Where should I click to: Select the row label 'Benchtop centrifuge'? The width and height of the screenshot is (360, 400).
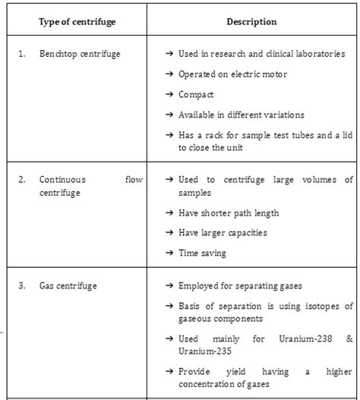coord(80,55)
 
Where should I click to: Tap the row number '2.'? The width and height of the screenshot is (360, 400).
coord(22,180)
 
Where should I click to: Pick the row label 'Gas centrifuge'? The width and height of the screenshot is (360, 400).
coord(68,286)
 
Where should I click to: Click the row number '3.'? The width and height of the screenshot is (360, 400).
coord(22,286)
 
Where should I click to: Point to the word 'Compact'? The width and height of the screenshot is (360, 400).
coord(196,95)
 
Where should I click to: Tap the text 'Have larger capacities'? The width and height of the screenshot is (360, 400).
coord(223,233)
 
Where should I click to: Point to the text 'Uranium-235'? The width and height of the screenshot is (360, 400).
coord(204,351)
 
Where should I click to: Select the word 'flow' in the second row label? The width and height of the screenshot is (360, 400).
coord(134,180)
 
